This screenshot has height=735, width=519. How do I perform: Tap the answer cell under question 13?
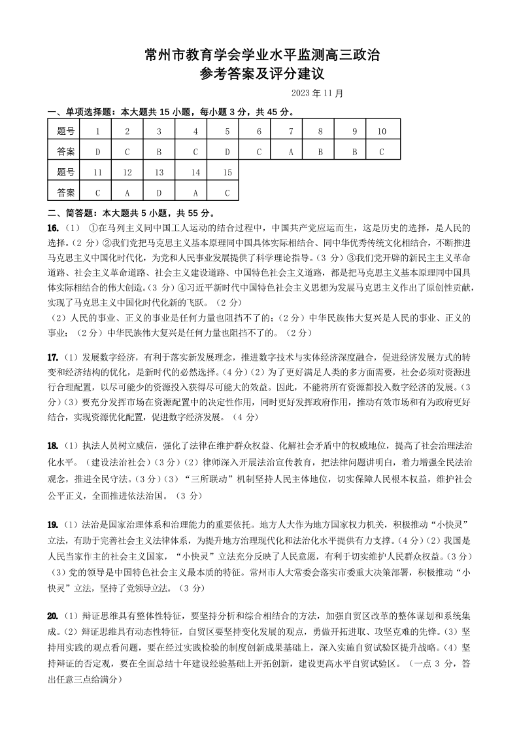[x=159, y=192]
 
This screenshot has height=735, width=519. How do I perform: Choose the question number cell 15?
[x=227, y=173]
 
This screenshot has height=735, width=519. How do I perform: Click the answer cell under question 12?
[x=127, y=192]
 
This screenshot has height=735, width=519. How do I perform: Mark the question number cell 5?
[x=227, y=132]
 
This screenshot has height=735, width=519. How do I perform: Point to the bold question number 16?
[x=54, y=228]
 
